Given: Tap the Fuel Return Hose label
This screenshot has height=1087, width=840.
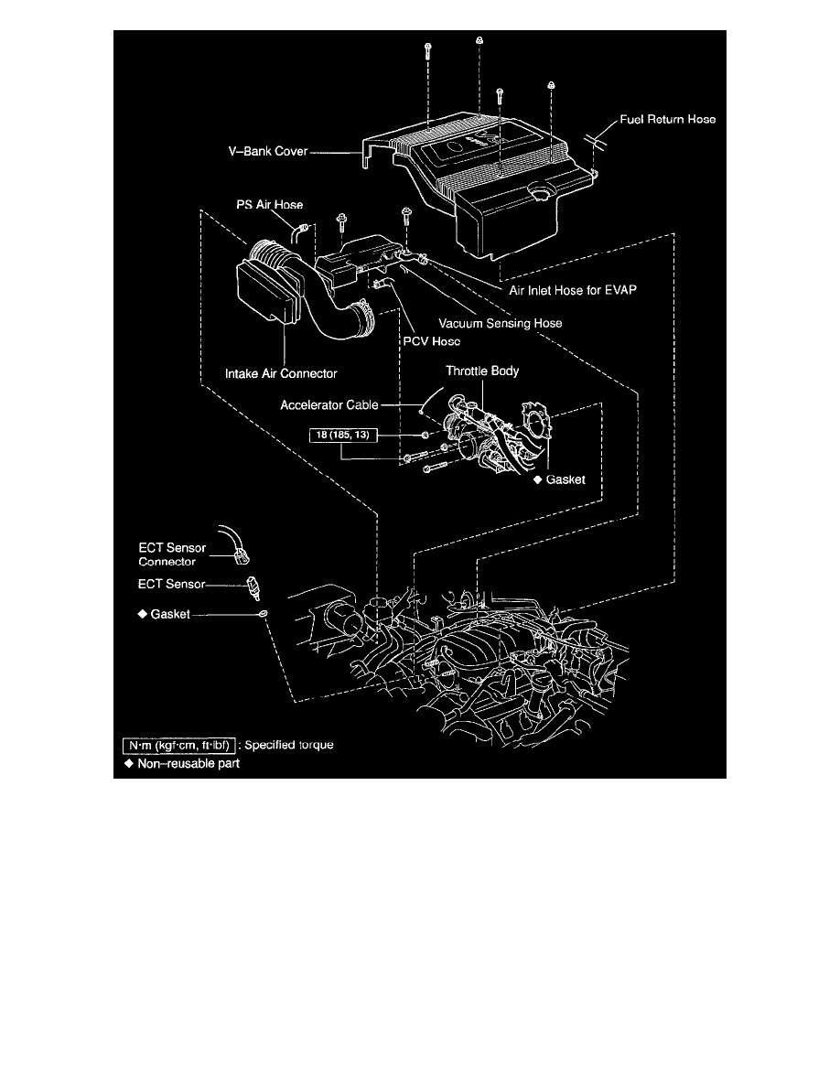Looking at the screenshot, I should (x=667, y=120).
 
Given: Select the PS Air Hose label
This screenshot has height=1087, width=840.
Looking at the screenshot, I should (x=265, y=205).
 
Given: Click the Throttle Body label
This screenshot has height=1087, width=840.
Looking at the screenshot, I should (x=482, y=371).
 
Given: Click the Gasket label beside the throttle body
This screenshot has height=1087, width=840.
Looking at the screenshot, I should (x=565, y=479).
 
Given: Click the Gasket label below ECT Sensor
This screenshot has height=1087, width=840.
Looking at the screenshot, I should (x=165, y=615).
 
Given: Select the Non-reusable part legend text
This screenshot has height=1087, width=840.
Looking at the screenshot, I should (x=188, y=763).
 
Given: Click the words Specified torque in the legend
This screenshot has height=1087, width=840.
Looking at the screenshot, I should (x=287, y=745).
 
